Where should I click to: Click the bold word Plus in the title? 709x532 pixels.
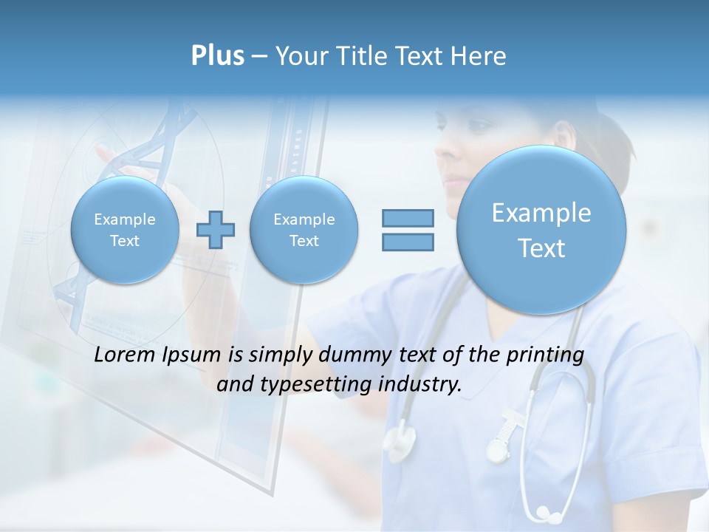click(x=217, y=56)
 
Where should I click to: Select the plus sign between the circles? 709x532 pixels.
click(x=216, y=230)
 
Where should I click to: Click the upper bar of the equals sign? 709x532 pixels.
click(x=408, y=218)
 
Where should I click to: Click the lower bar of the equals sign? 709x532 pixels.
click(x=408, y=242)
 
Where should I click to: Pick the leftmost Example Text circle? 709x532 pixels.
click(x=125, y=230)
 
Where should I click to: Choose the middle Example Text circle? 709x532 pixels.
click(x=304, y=230)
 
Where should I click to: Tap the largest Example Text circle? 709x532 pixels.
click(x=541, y=230)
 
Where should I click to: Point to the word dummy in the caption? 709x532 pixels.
click(x=354, y=355)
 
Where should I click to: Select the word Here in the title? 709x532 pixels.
click(x=482, y=56)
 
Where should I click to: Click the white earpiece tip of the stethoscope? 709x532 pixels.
click(x=544, y=511)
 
